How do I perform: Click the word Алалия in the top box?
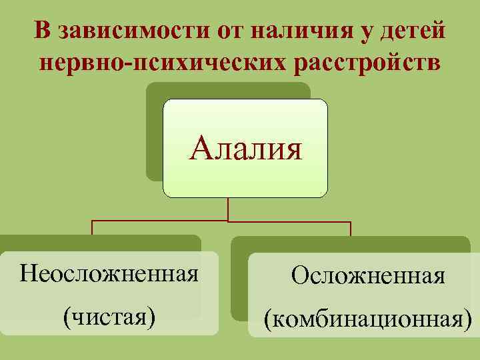click(245, 149)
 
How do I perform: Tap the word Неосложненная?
click(109, 273)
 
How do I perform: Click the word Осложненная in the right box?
click(368, 275)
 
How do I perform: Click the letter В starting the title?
click(42, 31)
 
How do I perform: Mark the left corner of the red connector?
click(92, 221)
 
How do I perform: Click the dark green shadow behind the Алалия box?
click(155, 133)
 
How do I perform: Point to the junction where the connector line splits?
click(228, 221)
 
